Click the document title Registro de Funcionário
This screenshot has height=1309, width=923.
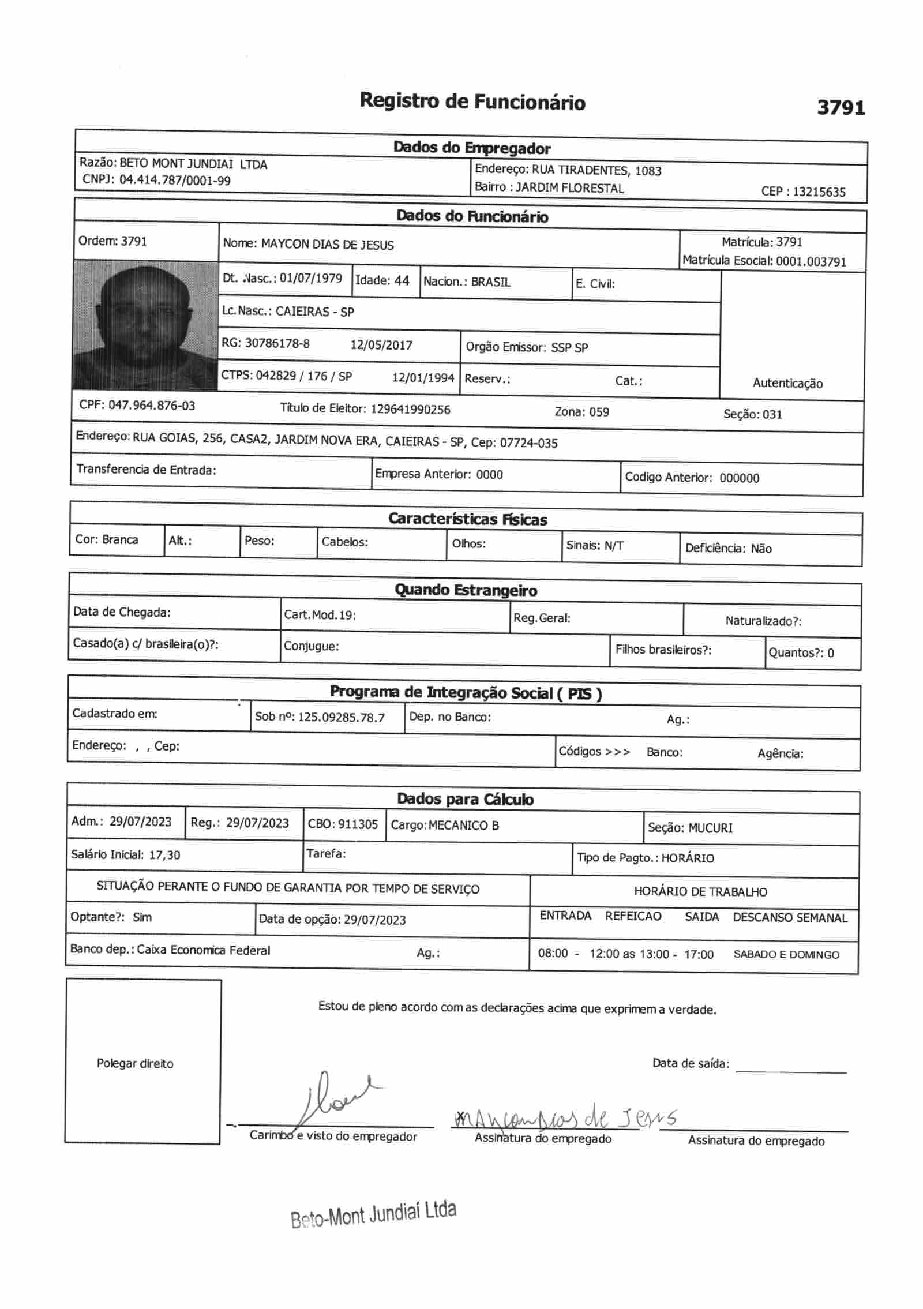(472, 102)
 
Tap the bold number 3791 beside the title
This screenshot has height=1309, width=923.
(841, 108)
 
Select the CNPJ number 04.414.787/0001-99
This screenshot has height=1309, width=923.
(175, 181)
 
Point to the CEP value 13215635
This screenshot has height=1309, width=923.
(819, 192)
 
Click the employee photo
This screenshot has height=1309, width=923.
(145, 325)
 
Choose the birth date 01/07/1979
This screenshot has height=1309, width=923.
(310, 279)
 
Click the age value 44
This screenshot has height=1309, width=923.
(402, 281)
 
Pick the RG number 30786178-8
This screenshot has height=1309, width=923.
(277, 344)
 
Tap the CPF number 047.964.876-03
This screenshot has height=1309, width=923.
(152, 406)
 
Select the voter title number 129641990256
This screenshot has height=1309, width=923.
(410, 410)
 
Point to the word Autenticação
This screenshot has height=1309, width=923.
(787, 384)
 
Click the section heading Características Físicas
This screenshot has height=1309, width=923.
(467, 519)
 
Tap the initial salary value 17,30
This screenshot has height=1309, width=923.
(164, 855)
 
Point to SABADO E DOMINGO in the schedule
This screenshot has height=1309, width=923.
(786, 955)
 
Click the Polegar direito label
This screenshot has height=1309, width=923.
(135, 1064)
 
